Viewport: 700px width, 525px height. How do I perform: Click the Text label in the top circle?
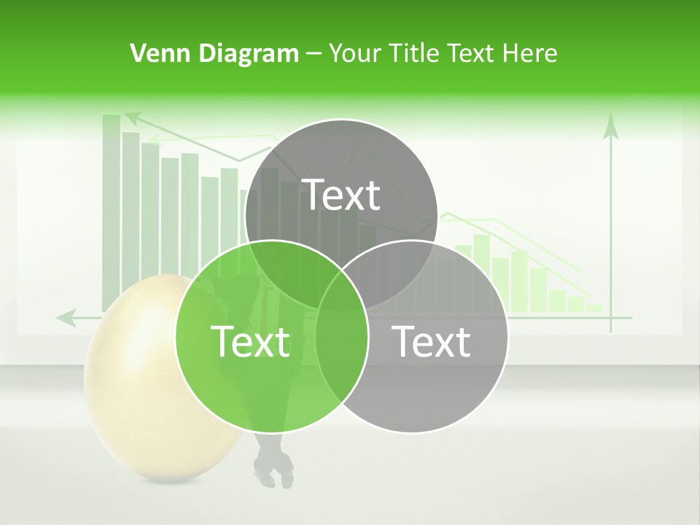click(x=341, y=195)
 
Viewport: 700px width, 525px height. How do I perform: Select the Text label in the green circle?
click(x=250, y=341)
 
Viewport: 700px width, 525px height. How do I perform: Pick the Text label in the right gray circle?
click(x=431, y=341)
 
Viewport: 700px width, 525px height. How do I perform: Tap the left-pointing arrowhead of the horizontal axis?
click(x=66, y=317)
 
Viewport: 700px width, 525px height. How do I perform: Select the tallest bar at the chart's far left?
click(x=111, y=211)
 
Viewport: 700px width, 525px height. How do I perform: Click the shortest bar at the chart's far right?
click(x=594, y=308)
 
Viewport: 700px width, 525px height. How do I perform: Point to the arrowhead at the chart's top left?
click(x=131, y=116)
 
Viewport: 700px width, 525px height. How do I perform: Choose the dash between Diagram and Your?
click(x=314, y=54)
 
